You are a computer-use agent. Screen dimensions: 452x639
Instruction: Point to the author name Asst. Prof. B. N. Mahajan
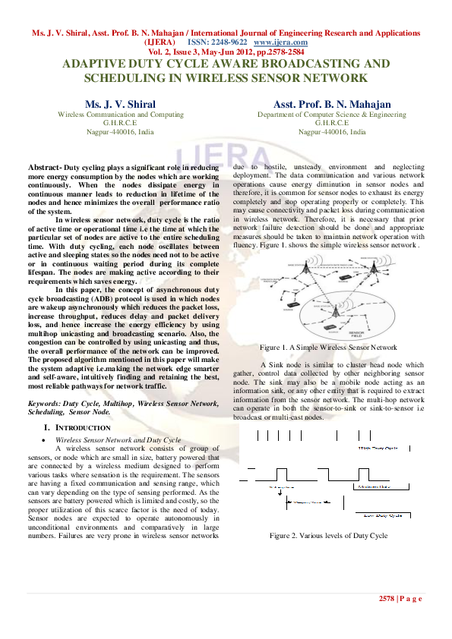tap(332, 104)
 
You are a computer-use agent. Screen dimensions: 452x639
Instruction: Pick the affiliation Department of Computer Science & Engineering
tap(332, 114)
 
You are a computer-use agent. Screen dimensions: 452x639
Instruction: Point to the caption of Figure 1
tap(328, 347)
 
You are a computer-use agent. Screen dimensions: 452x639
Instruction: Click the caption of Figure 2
tap(328, 536)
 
